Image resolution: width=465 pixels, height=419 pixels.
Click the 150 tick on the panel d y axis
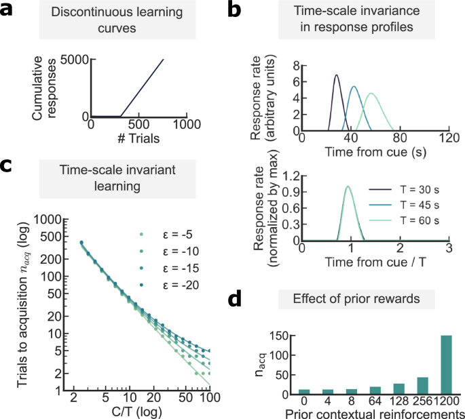pos(282,334)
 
